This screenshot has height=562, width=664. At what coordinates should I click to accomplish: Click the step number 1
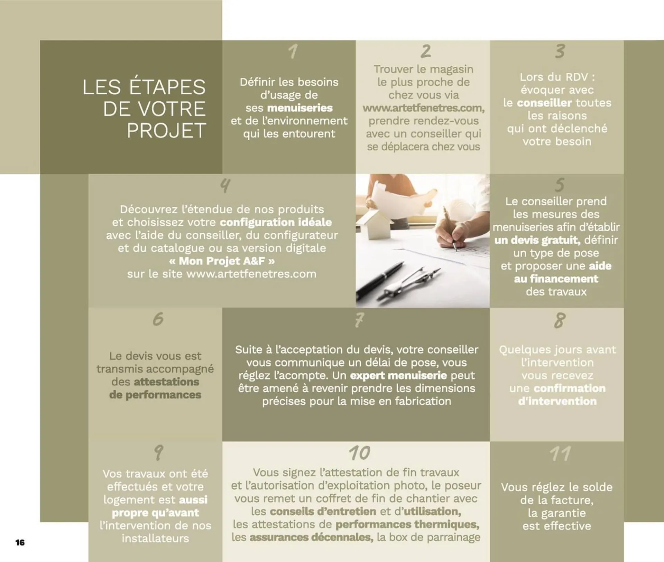293,51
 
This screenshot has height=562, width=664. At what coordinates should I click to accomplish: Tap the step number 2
426,51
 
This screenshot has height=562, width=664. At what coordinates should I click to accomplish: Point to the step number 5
560,185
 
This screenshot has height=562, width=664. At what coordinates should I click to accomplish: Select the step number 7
359,320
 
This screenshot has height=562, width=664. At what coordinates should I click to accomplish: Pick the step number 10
359,453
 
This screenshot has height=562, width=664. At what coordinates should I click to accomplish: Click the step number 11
560,453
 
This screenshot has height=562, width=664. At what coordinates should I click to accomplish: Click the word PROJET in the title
166,131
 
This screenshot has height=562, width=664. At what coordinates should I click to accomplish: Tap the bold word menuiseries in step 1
300,108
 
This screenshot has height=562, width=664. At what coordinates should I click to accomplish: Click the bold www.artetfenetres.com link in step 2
423,108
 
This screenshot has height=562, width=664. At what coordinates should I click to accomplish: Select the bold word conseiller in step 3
544,103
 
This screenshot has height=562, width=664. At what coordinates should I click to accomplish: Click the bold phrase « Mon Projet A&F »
222,261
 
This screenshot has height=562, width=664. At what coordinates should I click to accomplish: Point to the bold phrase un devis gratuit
537,240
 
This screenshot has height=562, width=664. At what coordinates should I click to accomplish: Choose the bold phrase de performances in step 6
155,395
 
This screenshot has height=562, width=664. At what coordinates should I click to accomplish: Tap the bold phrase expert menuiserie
398,375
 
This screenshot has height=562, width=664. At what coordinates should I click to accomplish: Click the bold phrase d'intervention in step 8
557,401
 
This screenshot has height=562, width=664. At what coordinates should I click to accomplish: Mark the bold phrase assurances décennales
311,537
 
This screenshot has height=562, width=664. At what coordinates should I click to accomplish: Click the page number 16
20,542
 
